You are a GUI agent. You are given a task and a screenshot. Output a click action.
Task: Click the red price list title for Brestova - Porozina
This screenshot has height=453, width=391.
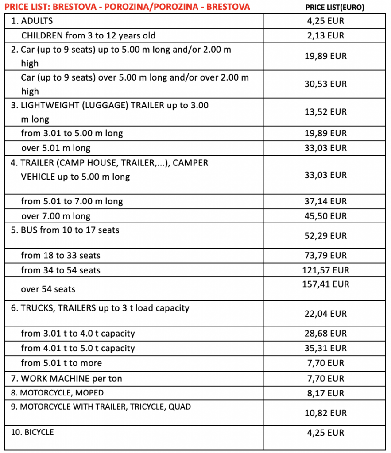[x=127, y=7]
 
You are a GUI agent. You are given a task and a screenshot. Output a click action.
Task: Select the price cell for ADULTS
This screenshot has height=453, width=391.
[x=325, y=20]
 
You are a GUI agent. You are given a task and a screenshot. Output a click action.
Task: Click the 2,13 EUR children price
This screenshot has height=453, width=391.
[x=325, y=35]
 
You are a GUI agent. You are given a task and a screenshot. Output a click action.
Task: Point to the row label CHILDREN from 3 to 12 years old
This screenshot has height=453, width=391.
[x=88, y=35]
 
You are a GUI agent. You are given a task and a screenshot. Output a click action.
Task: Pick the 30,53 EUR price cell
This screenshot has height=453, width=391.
[x=325, y=84]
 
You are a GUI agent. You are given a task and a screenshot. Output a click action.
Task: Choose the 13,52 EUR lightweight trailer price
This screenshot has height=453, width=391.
[x=325, y=112]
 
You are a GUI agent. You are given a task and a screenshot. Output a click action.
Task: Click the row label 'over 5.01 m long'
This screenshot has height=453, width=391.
[x=56, y=148]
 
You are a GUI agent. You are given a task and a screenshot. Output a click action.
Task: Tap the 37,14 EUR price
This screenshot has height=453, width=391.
[x=325, y=201]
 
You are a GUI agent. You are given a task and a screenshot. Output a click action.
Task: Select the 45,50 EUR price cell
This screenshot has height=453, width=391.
[x=325, y=216]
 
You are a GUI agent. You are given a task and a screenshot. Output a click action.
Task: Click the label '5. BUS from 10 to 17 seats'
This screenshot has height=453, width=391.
[x=65, y=230]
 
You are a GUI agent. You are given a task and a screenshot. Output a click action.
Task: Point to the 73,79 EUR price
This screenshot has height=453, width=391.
[x=325, y=255]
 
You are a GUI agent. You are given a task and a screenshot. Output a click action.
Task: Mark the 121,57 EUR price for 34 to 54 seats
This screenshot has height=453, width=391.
[x=325, y=270]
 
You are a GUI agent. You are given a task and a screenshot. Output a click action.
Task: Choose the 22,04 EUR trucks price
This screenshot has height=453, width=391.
[x=325, y=314]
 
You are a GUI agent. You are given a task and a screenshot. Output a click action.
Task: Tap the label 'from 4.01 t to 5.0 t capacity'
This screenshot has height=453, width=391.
[x=77, y=348]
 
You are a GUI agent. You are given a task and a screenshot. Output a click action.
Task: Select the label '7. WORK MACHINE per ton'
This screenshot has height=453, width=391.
[x=66, y=378]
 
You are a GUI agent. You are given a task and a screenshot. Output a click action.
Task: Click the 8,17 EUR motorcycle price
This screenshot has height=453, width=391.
[x=325, y=393]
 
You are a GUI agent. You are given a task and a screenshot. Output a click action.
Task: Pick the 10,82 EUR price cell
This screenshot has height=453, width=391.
[x=325, y=413]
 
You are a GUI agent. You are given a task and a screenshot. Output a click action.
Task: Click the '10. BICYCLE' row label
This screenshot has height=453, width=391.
[x=32, y=432]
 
